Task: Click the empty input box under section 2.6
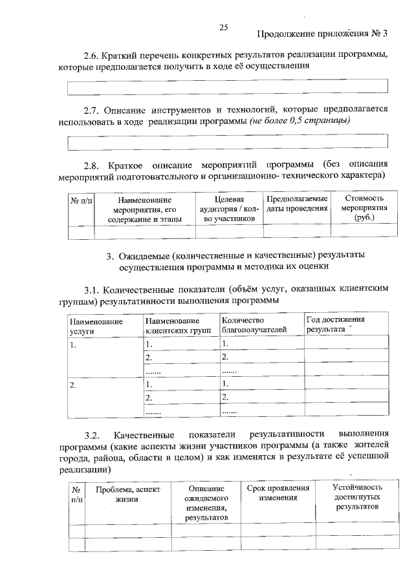point(228,86)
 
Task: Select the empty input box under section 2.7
point(228,141)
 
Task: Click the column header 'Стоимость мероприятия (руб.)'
point(364,208)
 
